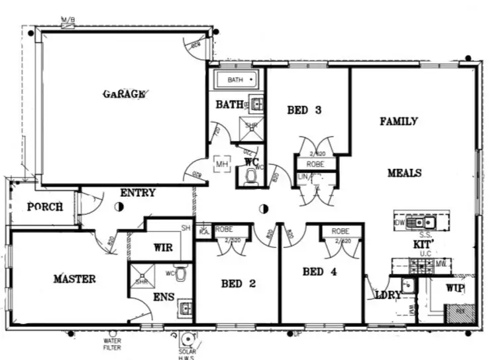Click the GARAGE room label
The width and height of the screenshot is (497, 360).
[x=123, y=94]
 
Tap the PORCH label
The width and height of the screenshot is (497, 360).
[x=45, y=207]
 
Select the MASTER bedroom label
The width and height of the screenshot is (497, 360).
[x=74, y=279]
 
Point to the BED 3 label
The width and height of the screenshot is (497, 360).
[x=304, y=111]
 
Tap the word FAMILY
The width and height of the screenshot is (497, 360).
[x=398, y=121]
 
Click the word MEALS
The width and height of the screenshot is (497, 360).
[x=404, y=173]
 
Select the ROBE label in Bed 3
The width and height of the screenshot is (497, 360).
[x=315, y=163]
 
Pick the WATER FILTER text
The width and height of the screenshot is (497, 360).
[x=113, y=343]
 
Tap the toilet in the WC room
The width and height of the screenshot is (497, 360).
[x=251, y=176]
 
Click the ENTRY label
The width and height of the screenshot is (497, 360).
[x=138, y=193]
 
